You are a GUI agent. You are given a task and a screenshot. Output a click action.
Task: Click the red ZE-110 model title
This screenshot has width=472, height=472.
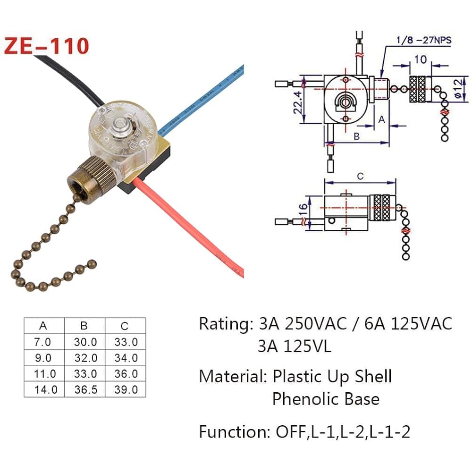pos(46,46)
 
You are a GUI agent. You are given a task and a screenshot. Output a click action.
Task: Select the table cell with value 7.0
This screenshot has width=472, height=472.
pos(44,342)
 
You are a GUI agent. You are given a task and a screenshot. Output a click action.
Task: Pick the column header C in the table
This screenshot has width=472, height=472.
pos(125,326)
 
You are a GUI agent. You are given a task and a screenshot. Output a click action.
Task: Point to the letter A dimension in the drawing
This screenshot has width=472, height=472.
pos(382,120)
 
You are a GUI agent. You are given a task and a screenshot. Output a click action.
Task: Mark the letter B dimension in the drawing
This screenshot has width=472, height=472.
pos(357,137)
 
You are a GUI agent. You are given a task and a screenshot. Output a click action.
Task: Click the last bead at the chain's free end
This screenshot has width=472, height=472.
pos(92,263)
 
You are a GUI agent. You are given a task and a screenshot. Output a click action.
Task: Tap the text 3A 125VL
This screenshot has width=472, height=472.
pos(294,347)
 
